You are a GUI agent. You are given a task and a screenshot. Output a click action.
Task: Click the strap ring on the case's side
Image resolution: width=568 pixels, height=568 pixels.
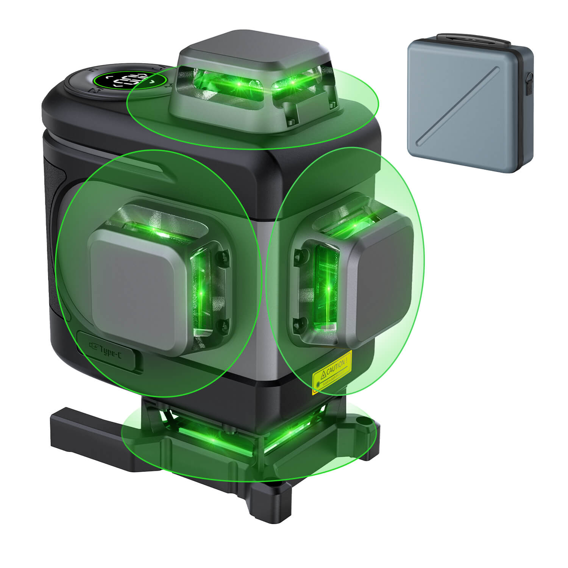529,81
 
